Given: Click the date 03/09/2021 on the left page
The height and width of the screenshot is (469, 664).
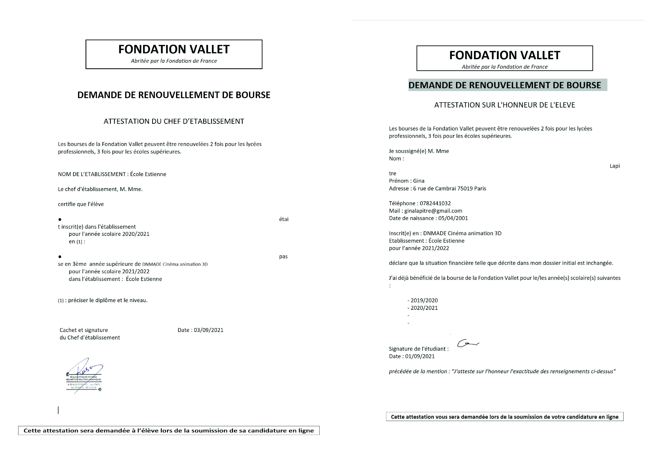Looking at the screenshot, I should tap(209, 330).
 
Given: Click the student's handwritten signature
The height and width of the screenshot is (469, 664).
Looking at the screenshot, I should tap(468, 343).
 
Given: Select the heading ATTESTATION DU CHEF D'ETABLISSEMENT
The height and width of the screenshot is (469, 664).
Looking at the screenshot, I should tap(174, 121).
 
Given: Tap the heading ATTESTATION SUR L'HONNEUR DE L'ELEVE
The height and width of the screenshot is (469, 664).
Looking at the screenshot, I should tap(505, 105).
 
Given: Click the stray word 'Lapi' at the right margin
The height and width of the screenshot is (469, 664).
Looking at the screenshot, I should tap(615, 166).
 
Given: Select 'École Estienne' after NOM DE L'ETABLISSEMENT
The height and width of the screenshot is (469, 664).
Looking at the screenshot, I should tap(148, 174).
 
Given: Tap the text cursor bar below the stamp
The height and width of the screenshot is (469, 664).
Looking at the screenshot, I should tap(58, 410).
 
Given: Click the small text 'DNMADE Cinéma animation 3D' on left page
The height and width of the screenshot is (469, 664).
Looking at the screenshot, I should tap(175, 264).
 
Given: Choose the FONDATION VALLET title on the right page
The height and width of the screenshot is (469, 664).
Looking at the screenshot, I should tap(505, 55).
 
